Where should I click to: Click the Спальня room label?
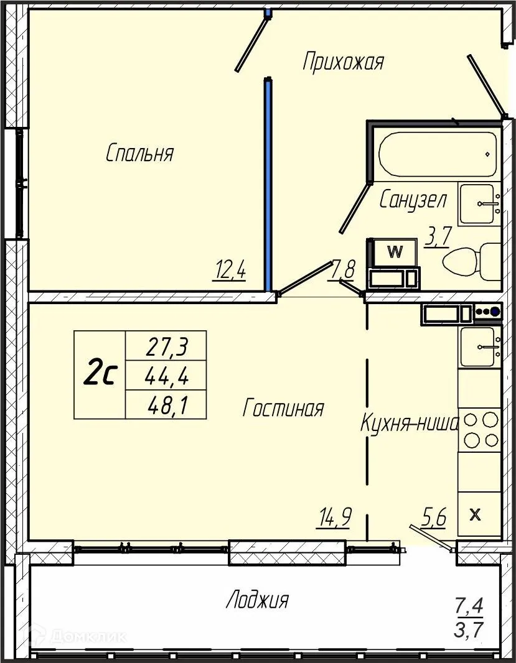pyautogui.click(x=139, y=153)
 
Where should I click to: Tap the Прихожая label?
pyautogui.click(x=344, y=62)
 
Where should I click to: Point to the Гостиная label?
pyautogui.click(x=283, y=408)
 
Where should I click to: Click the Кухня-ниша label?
pyautogui.click(x=410, y=423)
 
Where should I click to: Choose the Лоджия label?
pyautogui.click(x=257, y=600)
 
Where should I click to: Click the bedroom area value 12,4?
pyautogui.click(x=231, y=270)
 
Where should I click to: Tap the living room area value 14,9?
pyautogui.click(x=334, y=517)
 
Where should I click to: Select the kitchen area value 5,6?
pyautogui.click(x=434, y=517)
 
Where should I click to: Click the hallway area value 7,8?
pyautogui.click(x=343, y=269)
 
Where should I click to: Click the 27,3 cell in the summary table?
pyautogui.click(x=167, y=346)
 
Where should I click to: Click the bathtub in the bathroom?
pyautogui.click(x=438, y=154)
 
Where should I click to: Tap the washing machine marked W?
pyautogui.click(x=395, y=253)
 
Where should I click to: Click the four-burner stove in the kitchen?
pyautogui.click(x=481, y=430)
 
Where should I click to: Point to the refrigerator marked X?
pyautogui.click(x=480, y=514)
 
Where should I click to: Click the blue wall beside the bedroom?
pyautogui.click(x=268, y=184)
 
